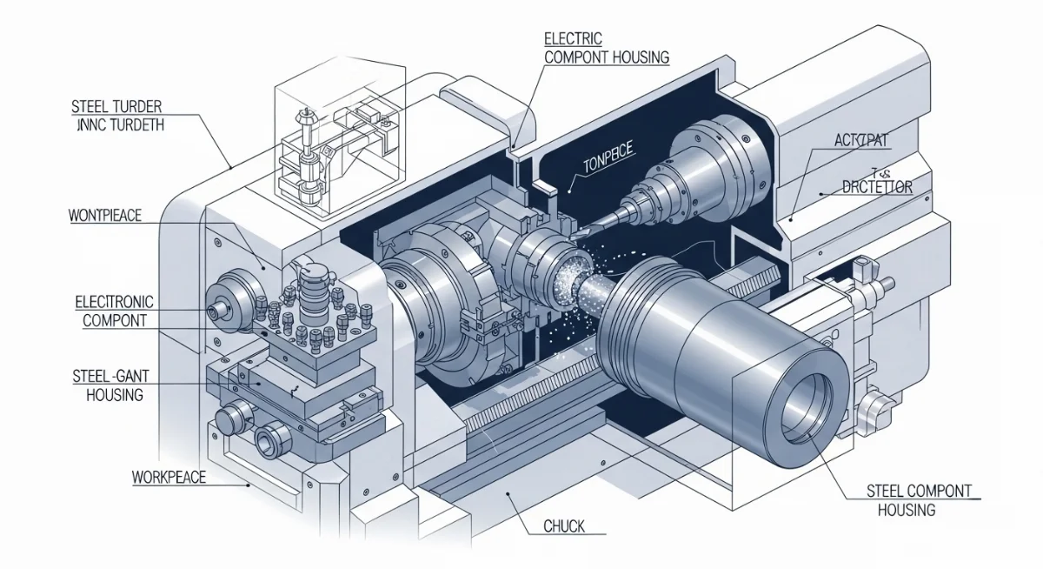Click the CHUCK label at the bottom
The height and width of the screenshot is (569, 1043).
(563, 525)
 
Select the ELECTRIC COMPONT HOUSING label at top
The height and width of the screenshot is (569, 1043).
(606, 48)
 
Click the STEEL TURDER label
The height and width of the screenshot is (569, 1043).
(116, 107)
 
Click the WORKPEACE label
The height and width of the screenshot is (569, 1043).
(169, 478)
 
